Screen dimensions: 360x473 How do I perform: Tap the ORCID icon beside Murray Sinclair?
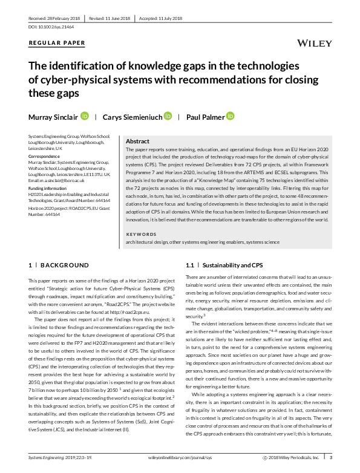(x=84, y=116)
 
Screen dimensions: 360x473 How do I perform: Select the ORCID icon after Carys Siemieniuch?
(x=168, y=116)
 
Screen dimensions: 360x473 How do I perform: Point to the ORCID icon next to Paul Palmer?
(x=230, y=116)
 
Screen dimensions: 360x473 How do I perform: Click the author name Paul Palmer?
(x=205, y=116)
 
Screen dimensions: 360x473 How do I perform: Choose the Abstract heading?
(x=137, y=140)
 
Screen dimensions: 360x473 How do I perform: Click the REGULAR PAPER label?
(x=57, y=44)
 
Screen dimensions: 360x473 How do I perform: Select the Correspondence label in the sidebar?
(x=45, y=156)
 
